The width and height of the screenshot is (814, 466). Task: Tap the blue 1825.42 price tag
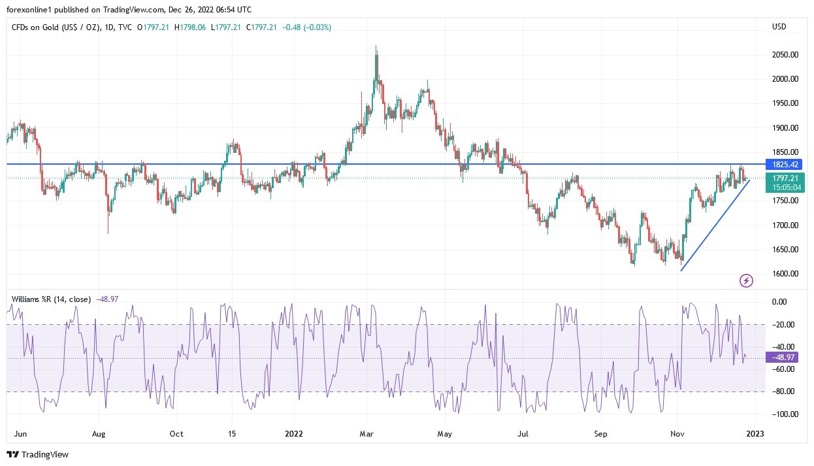coord(785,164)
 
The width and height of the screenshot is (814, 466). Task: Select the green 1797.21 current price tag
coord(785,178)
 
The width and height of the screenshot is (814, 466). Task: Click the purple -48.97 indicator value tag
coord(783,358)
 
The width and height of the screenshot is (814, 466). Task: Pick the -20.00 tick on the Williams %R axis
coord(783,324)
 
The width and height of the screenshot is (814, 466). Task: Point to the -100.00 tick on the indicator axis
coord(783,414)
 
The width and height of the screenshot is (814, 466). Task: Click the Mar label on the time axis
coord(366,433)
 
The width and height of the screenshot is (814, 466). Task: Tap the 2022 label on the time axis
coord(293,433)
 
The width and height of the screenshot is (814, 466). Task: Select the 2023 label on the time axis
coord(756,433)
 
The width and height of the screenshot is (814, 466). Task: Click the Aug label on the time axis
coord(99,433)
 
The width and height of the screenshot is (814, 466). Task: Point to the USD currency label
coord(779,27)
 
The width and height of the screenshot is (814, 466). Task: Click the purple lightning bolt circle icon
coord(746,281)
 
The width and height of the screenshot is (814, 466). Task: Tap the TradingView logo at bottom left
coord(38,454)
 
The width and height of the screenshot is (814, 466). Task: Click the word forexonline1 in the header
coord(30,8)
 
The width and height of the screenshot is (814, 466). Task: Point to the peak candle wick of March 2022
coord(376,46)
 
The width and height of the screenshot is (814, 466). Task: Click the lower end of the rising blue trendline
coord(681,271)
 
